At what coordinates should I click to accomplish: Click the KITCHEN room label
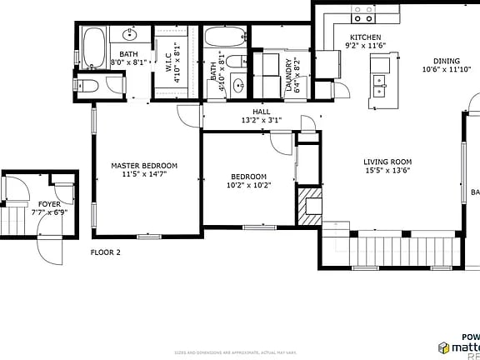365,37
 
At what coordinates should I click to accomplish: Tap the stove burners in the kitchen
362,14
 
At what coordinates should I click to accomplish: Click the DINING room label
446,61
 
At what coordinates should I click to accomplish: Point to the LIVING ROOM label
387,162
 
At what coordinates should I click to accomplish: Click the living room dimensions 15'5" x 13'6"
387,171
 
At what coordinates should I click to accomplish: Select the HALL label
262,111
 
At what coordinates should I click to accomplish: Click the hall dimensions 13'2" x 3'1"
262,120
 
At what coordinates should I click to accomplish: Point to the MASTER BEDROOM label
144,166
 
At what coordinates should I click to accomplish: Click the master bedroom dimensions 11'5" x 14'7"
144,175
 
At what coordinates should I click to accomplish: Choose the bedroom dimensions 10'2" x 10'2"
248,186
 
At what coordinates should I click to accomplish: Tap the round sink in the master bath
129,35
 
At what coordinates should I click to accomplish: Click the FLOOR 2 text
106,252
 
